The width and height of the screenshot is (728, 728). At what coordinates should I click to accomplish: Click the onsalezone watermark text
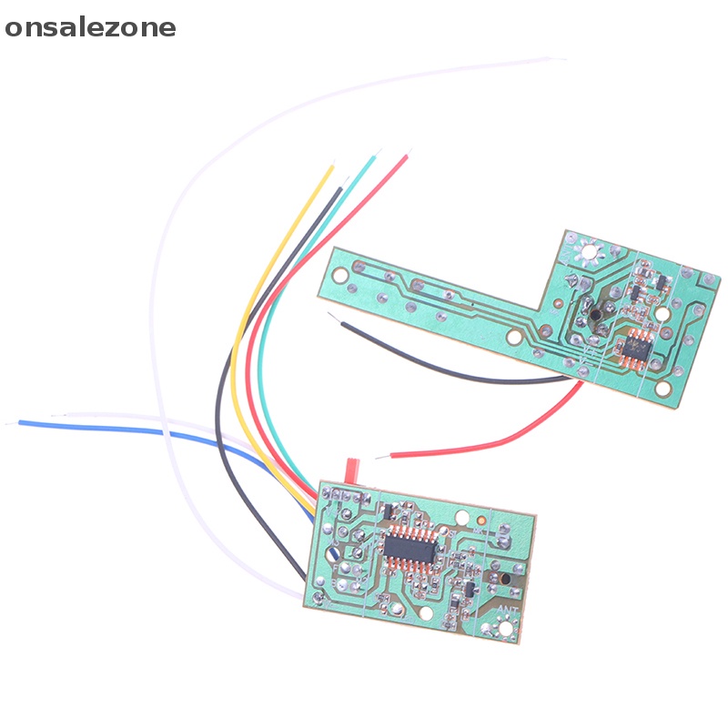point(90,27)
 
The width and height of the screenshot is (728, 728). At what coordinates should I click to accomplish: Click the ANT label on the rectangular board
point(508,609)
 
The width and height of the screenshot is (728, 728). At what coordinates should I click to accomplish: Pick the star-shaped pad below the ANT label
point(506,628)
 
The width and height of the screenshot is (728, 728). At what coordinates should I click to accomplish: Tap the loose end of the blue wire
point(22,422)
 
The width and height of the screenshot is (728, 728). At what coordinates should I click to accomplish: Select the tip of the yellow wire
point(331,168)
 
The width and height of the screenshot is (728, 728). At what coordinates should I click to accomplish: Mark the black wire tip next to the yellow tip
point(340,189)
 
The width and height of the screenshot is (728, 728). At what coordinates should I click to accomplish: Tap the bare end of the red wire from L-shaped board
point(393,454)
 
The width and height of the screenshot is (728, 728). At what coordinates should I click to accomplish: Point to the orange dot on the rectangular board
point(480,521)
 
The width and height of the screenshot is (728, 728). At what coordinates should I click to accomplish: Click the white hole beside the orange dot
point(462,520)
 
